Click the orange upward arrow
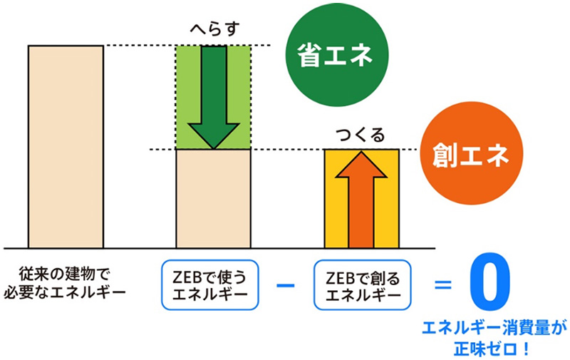(x=361, y=200)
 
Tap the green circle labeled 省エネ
(x=337, y=55)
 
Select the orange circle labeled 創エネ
(x=472, y=153)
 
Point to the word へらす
(x=214, y=29)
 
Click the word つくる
(x=360, y=135)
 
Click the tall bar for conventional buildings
(x=66, y=147)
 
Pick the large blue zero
(x=489, y=282)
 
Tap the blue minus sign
(x=286, y=285)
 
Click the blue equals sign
(x=443, y=284)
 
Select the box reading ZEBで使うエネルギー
(x=209, y=284)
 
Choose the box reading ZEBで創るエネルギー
(x=363, y=284)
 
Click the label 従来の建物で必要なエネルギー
(x=65, y=283)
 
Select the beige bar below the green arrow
(x=213, y=199)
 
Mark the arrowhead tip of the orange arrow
(x=361, y=151)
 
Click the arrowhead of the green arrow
(x=214, y=136)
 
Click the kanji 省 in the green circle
(x=310, y=56)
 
